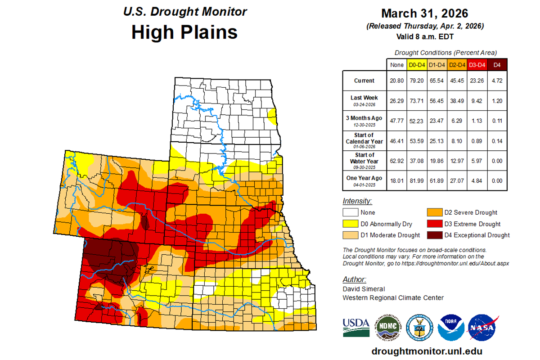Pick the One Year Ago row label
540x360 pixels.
[x=364, y=178]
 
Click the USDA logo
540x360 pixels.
[x=355, y=326]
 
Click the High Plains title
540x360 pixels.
[x=184, y=32]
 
